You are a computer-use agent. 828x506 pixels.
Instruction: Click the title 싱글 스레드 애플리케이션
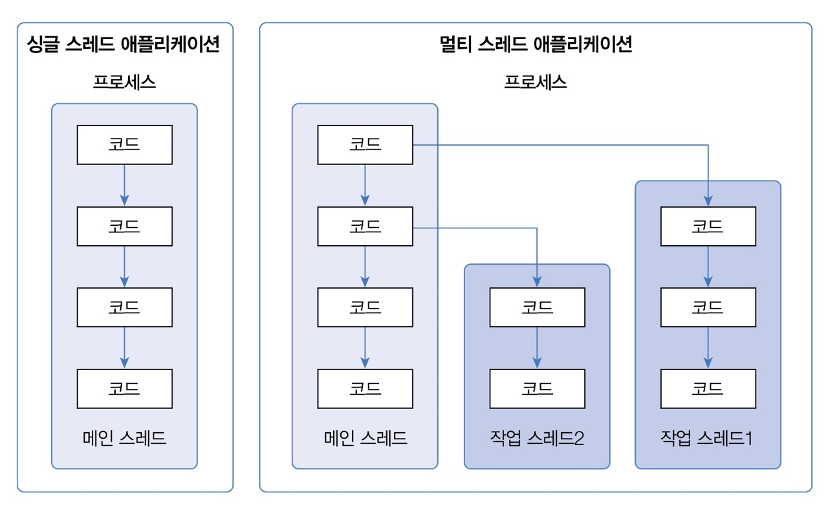tap(124, 45)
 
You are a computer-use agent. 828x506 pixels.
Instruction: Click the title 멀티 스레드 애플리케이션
tap(535, 45)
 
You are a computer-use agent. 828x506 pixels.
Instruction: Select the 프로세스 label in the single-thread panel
tap(124, 82)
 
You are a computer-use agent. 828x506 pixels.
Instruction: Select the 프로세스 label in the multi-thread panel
tap(535, 82)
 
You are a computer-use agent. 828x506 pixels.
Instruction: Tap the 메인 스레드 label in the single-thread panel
tap(124, 438)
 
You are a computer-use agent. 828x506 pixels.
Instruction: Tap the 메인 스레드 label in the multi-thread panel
tap(365, 438)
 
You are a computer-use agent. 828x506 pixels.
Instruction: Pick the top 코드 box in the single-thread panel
tap(124, 144)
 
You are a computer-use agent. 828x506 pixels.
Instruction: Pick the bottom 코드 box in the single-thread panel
tap(124, 388)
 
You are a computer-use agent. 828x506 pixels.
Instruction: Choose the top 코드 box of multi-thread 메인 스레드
tap(365, 144)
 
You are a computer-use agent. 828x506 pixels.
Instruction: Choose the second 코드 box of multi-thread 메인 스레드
tap(365, 226)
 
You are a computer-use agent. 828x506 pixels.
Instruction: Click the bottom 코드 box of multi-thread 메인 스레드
tap(365, 388)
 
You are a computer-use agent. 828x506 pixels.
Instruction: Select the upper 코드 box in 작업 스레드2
tap(537, 307)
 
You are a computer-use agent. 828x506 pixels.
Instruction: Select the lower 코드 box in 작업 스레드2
tap(537, 388)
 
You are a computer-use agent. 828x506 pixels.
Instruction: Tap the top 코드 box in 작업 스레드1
tap(708, 226)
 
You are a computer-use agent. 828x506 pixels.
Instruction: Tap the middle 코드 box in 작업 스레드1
tap(708, 307)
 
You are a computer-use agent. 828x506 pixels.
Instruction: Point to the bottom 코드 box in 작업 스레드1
tap(708, 388)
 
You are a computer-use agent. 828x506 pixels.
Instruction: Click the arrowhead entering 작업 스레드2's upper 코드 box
tap(537, 283)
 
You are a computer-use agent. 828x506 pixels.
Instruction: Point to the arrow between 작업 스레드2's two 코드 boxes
tap(537, 347)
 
